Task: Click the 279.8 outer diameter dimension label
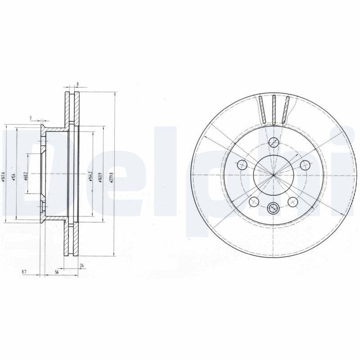(111, 174)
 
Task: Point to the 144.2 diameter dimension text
(90, 174)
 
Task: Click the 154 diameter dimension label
(14, 175)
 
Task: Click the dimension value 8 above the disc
(78, 84)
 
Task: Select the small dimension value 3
(31, 118)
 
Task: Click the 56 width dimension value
(57, 272)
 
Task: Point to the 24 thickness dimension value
(81, 266)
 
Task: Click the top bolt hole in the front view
(273, 143)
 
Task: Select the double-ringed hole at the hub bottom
(273, 207)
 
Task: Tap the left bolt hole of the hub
(242, 165)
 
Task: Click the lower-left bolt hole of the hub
(254, 201)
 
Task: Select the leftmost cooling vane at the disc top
(262, 109)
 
